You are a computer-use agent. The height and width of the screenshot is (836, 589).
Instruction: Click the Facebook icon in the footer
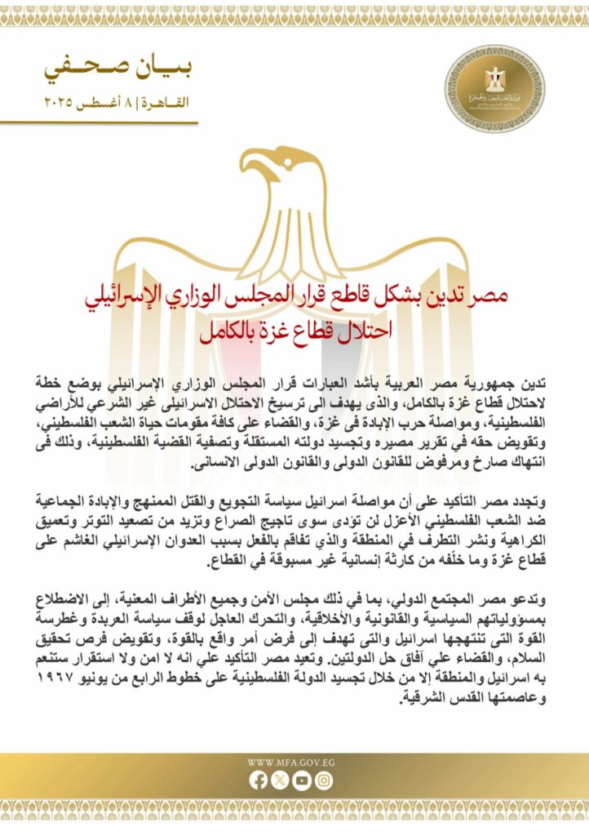point(259,780)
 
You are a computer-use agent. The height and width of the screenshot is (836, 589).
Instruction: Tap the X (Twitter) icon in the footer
point(281,780)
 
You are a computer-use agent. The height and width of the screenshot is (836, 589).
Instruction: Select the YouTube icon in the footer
point(302,780)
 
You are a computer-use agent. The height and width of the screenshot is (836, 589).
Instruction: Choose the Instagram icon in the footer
point(324,780)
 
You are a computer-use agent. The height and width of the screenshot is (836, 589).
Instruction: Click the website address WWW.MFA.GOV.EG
point(290,763)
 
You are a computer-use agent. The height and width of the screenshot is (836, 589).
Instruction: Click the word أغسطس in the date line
point(113,104)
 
